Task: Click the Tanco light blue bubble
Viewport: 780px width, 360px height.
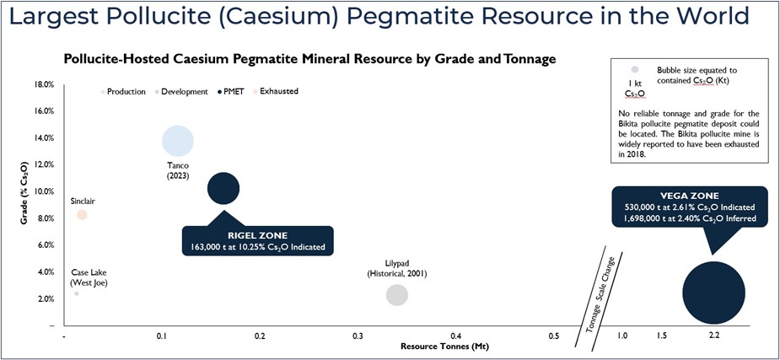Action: point(177,142)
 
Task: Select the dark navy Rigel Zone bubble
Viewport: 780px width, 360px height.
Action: point(223,188)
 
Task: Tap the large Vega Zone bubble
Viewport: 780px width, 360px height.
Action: point(713,293)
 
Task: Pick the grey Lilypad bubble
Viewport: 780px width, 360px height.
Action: point(397,295)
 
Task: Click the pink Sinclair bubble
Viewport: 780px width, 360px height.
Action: point(82,215)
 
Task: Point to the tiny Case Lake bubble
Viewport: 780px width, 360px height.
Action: point(77,293)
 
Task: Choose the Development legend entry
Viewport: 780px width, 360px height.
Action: point(182,91)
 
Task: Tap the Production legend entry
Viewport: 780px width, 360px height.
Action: point(126,91)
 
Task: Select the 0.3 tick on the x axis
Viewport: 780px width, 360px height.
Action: point(358,336)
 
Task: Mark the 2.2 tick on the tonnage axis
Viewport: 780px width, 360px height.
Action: point(714,336)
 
